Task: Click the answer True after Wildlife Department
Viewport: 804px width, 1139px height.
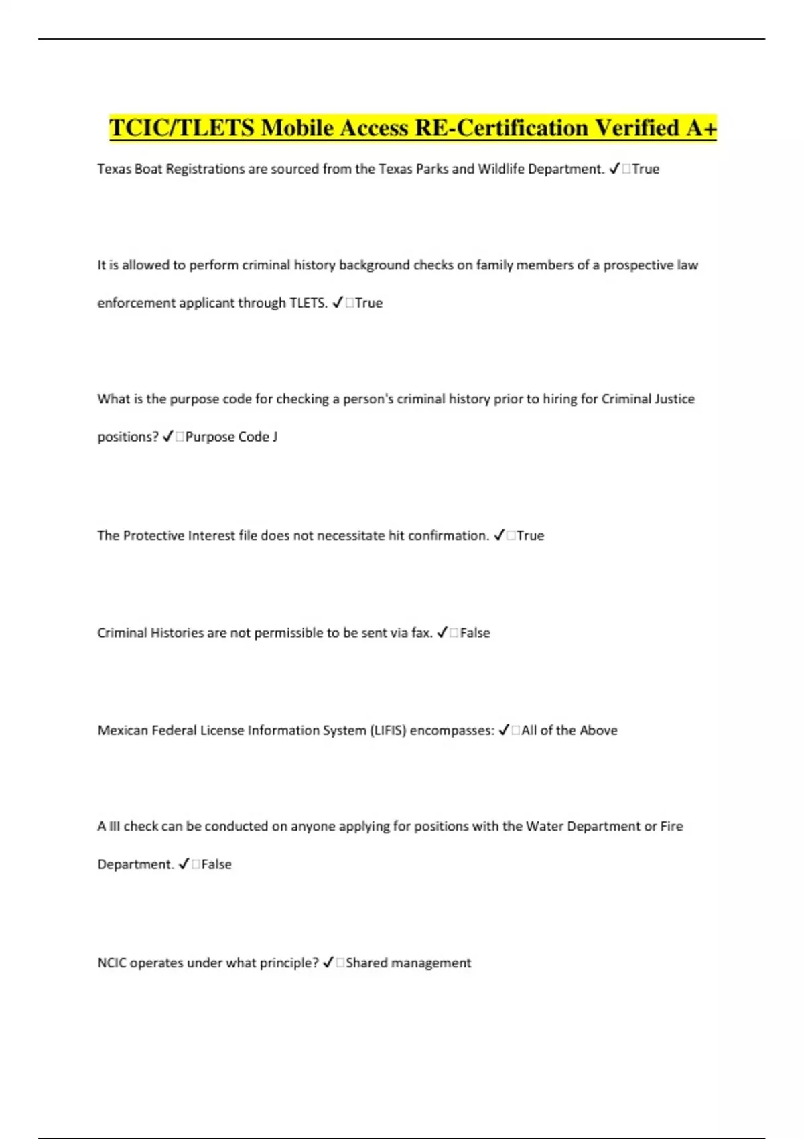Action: (x=646, y=169)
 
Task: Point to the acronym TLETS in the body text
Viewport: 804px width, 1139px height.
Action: (x=308, y=303)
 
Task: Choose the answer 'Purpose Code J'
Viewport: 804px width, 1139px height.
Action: (x=231, y=437)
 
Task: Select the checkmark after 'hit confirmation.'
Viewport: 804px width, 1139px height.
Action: (x=499, y=535)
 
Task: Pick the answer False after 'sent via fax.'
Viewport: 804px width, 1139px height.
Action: (x=475, y=632)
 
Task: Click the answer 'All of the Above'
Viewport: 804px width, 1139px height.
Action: (x=569, y=730)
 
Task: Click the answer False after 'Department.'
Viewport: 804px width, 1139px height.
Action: (x=216, y=864)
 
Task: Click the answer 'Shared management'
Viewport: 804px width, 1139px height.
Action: (x=409, y=963)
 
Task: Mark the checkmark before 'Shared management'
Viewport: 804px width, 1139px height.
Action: (x=328, y=963)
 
